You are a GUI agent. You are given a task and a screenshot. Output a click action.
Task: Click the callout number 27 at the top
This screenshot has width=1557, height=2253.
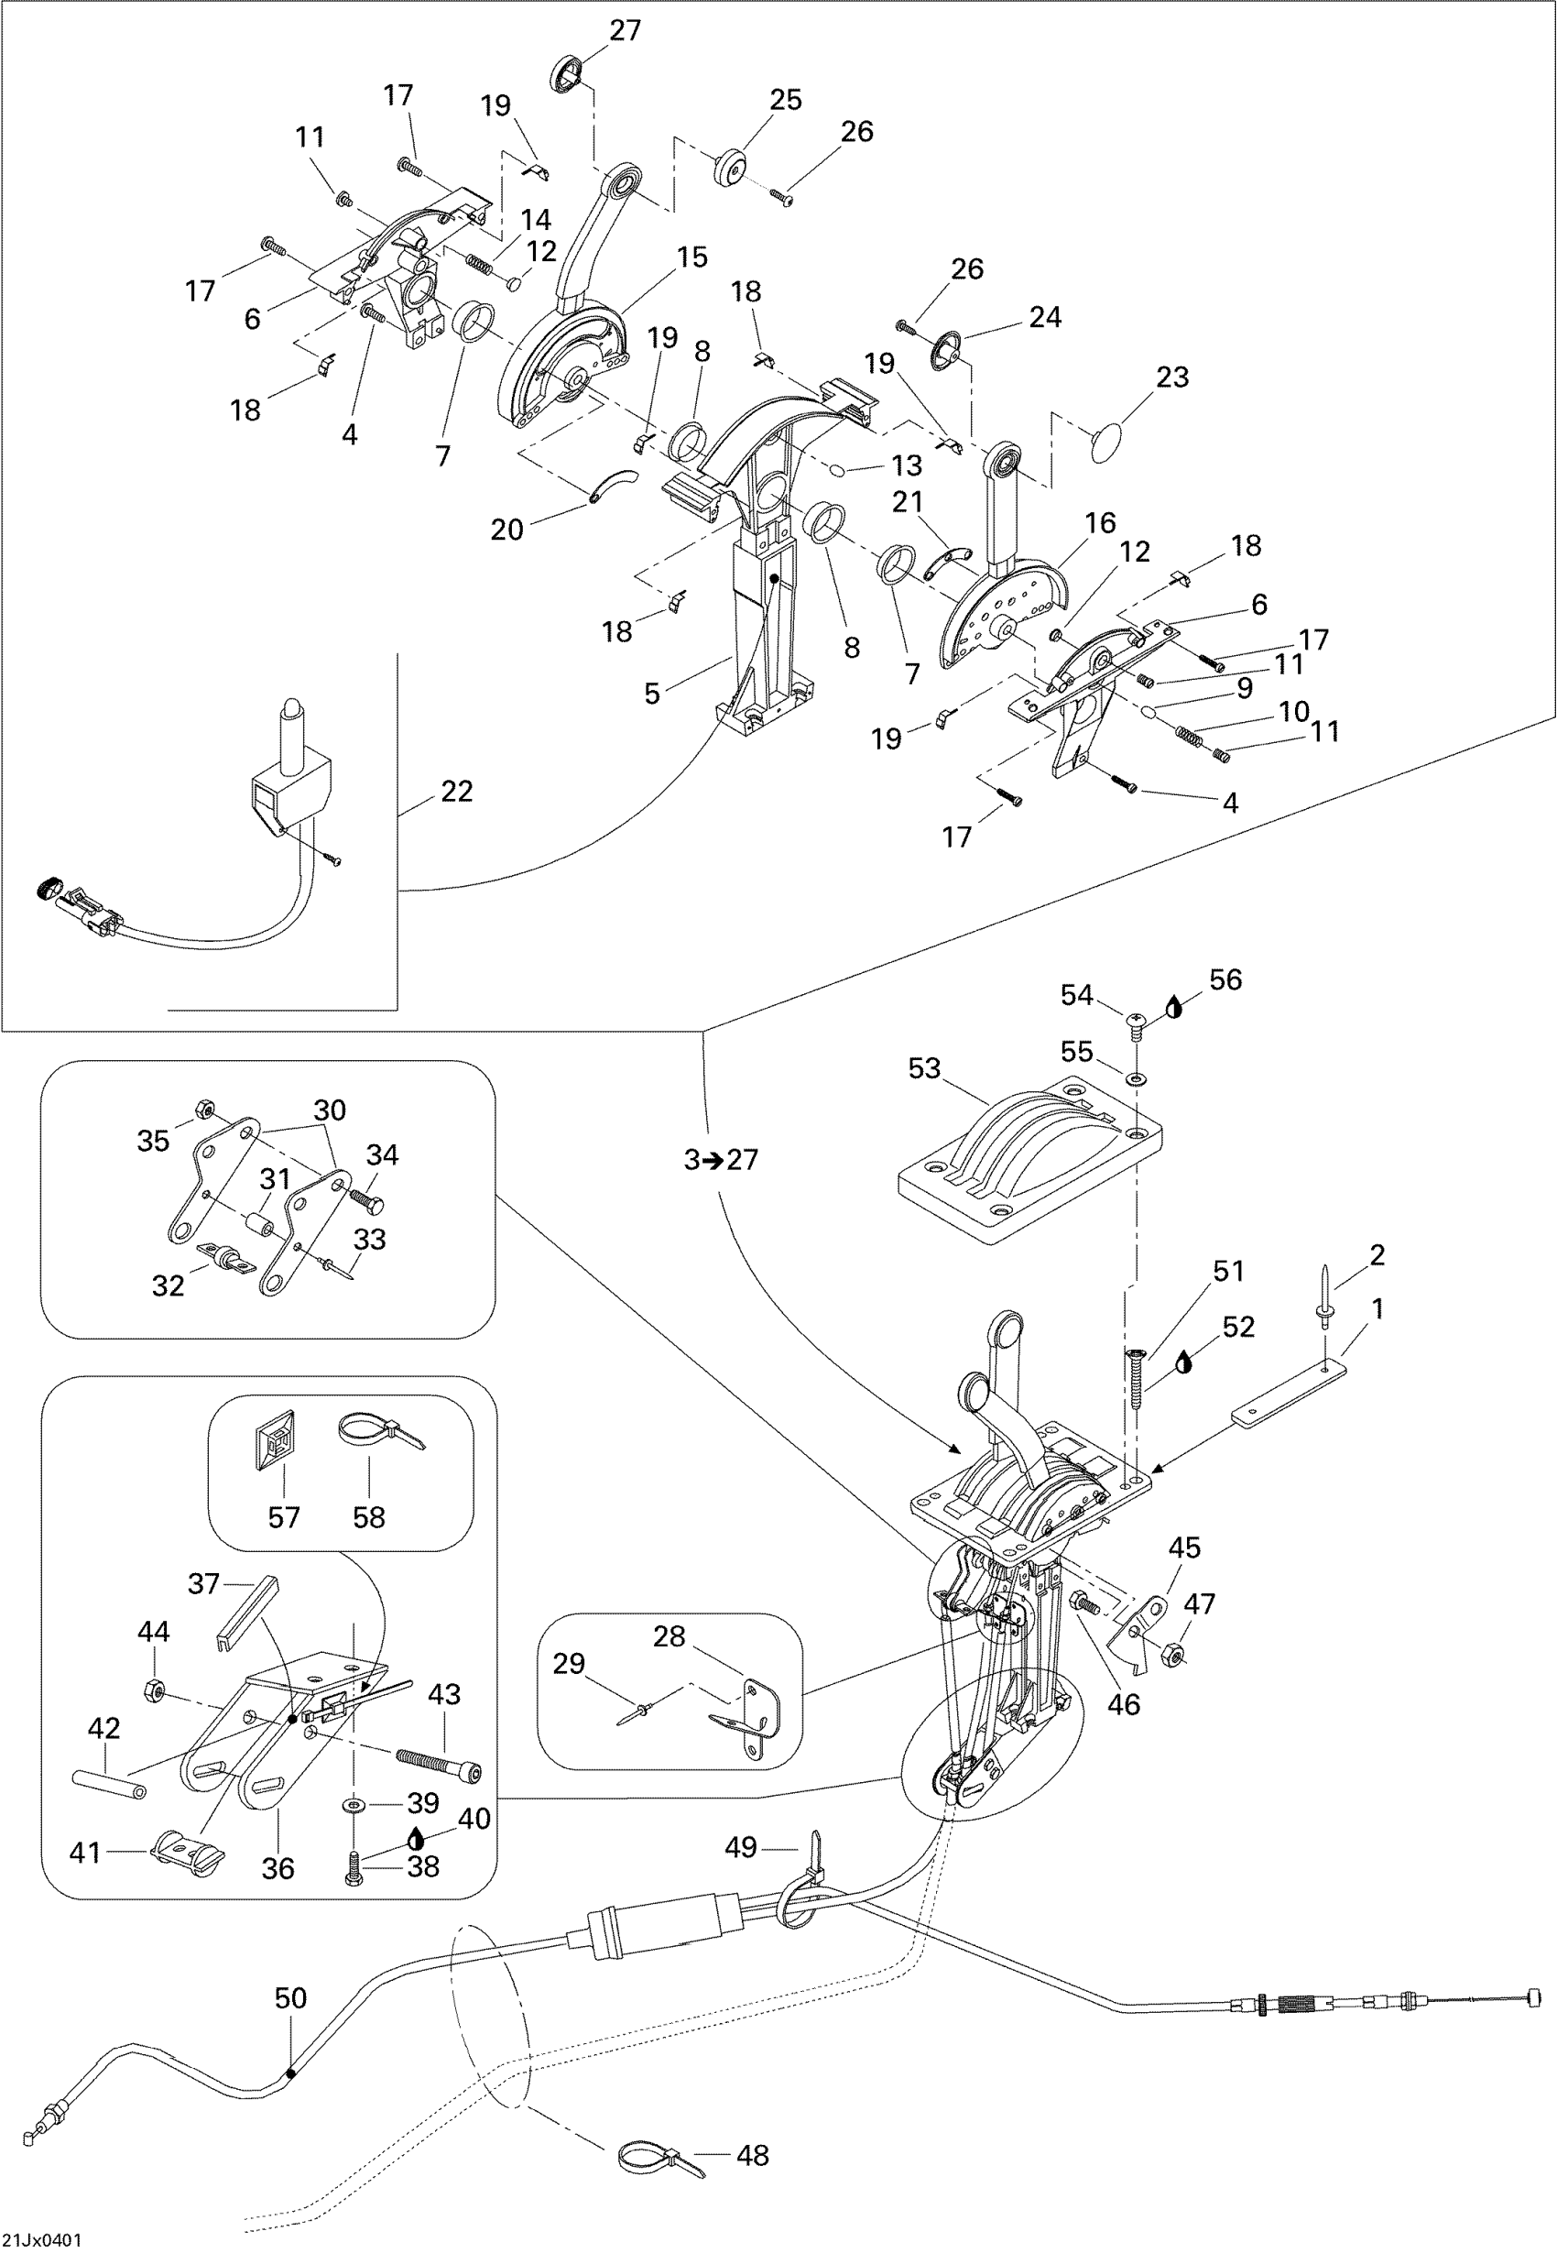tap(626, 30)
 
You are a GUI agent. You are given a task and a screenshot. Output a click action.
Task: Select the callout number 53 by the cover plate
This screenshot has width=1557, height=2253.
tap(924, 1068)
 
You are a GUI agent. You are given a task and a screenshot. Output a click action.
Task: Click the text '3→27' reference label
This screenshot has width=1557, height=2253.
tap(721, 1159)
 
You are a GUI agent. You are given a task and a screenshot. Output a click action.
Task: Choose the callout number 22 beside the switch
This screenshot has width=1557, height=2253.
tap(456, 791)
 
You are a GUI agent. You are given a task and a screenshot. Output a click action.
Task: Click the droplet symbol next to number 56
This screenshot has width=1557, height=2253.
tap(1173, 1007)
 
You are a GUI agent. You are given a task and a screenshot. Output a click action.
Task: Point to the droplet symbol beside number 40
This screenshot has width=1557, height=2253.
tap(417, 1838)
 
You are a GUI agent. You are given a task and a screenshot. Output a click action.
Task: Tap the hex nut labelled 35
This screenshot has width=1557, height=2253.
tap(206, 1110)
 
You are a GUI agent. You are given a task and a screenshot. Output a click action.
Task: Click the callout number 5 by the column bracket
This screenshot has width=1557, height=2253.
tap(652, 694)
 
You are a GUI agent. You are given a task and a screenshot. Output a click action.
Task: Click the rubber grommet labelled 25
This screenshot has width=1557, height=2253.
tap(729, 167)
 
